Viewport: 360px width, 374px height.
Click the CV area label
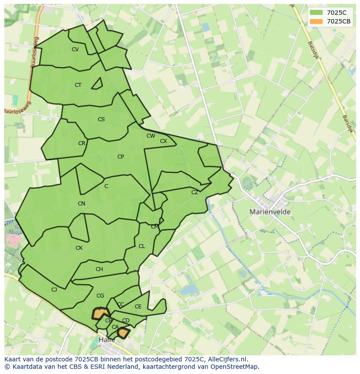[75, 50]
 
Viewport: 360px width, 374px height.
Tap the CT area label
[78, 85]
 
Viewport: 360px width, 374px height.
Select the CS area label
[101, 119]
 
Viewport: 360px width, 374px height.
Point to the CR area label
[82, 143]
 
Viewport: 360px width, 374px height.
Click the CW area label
[151, 136]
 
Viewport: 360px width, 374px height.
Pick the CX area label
[163, 141]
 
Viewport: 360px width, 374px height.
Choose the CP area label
[120, 157]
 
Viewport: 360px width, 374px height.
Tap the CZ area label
[195, 192]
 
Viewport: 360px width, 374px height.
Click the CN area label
[81, 204]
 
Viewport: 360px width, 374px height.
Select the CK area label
[79, 248]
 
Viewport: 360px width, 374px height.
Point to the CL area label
[142, 246]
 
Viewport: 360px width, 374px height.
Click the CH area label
[99, 269]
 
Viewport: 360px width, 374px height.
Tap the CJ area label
[54, 290]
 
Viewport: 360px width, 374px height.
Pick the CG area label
[100, 296]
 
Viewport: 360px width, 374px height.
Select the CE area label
[138, 307]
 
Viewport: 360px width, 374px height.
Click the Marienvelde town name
[270, 212]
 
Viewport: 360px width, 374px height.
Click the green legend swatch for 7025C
[317, 13]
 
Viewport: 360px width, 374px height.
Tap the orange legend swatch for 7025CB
[317, 21]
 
